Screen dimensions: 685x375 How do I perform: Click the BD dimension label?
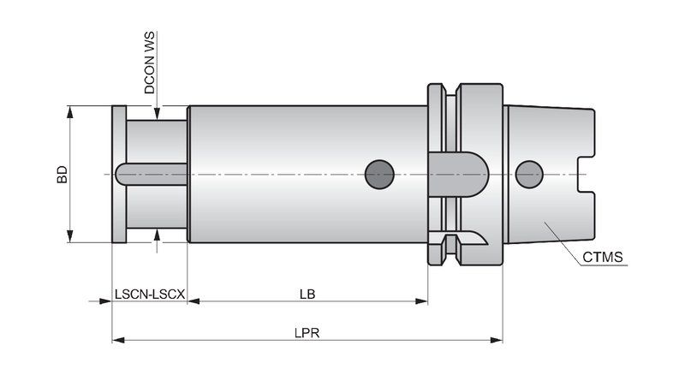point(63,174)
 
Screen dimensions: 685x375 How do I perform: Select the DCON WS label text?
point(149,62)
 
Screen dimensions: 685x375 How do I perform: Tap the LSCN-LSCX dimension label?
point(150,295)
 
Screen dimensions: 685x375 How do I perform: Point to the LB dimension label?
point(307,295)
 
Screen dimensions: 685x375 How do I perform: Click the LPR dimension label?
point(307,333)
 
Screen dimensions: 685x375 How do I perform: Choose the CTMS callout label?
point(603,257)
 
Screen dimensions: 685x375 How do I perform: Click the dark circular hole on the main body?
point(379,175)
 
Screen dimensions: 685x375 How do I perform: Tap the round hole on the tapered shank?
point(529,175)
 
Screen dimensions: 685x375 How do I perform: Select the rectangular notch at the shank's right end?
point(586,175)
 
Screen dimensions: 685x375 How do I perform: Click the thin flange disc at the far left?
point(119,174)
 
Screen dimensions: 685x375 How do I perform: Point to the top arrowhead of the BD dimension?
point(69,111)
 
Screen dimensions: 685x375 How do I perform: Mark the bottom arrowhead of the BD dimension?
point(69,236)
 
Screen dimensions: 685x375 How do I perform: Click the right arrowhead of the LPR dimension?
point(497,340)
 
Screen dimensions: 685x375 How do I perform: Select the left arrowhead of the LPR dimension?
point(118,340)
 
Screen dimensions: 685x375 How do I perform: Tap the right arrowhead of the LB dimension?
point(421,301)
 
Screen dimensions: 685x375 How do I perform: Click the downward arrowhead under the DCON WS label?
point(158,114)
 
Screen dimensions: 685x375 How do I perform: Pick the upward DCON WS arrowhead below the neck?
point(158,235)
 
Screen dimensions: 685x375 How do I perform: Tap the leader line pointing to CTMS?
point(563,241)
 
